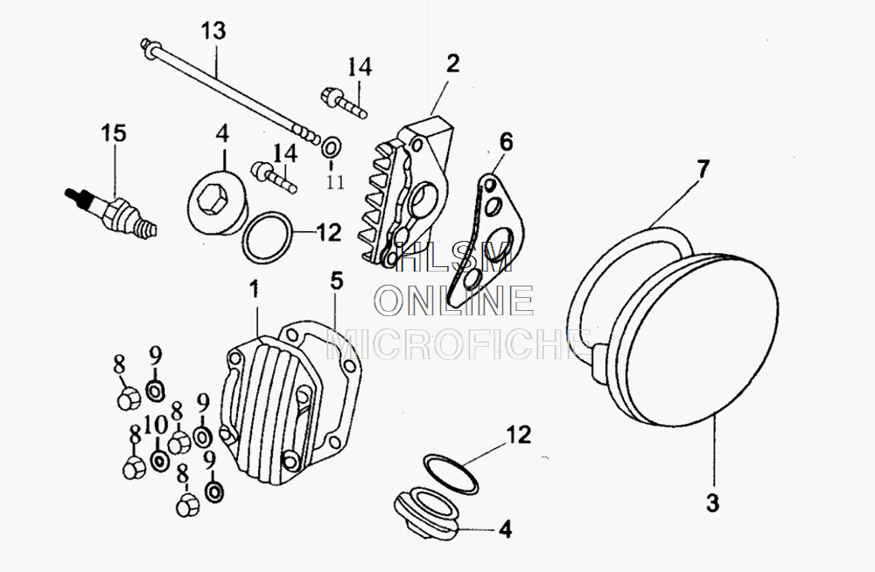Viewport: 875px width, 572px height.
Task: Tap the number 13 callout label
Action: click(213, 32)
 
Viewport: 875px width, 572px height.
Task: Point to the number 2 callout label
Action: click(451, 63)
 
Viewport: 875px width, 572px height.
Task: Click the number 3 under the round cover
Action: click(712, 504)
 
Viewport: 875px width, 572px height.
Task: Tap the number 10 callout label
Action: click(155, 427)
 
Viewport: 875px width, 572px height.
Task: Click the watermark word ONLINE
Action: click(454, 300)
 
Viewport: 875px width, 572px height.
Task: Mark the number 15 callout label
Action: click(113, 134)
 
